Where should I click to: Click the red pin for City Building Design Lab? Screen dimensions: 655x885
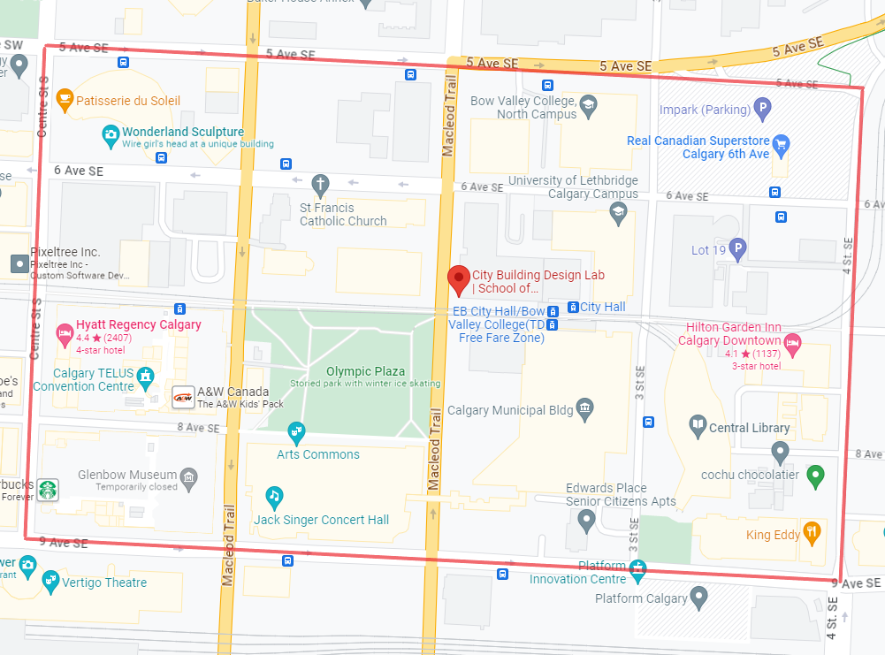coord(459,278)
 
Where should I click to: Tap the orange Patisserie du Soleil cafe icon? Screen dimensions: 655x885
coord(64,100)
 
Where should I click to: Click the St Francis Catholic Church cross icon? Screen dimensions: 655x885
coord(320,186)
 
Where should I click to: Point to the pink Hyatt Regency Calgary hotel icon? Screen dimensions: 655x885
coord(64,334)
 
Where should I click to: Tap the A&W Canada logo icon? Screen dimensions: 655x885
coord(183,397)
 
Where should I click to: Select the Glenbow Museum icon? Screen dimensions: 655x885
coord(188,478)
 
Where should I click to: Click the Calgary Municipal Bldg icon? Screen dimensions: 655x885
coord(584,408)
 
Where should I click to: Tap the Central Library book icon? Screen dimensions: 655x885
coord(698,427)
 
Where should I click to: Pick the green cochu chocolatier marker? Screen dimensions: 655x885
coord(817,476)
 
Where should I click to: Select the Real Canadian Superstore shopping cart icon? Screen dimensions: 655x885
coord(780,144)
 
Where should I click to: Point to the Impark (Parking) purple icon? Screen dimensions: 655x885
coord(762,110)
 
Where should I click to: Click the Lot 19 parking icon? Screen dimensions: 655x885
coord(736,249)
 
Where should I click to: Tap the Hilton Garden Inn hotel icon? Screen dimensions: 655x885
coord(793,341)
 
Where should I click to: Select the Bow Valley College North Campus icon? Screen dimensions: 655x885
coord(588,108)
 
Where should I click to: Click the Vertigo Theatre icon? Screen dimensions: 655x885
coord(50,581)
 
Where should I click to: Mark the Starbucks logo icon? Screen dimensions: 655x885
coord(47,490)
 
